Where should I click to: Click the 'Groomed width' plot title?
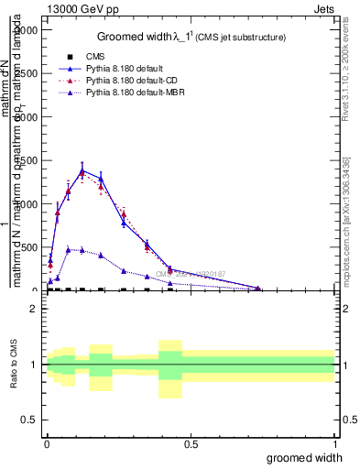click(191, 37)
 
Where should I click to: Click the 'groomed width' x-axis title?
click(305, 457)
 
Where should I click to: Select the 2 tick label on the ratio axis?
click(34, 309)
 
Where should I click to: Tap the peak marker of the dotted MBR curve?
click(69, 248)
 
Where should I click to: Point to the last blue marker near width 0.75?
click(258, 289)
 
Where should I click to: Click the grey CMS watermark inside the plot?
click(189, 273)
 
